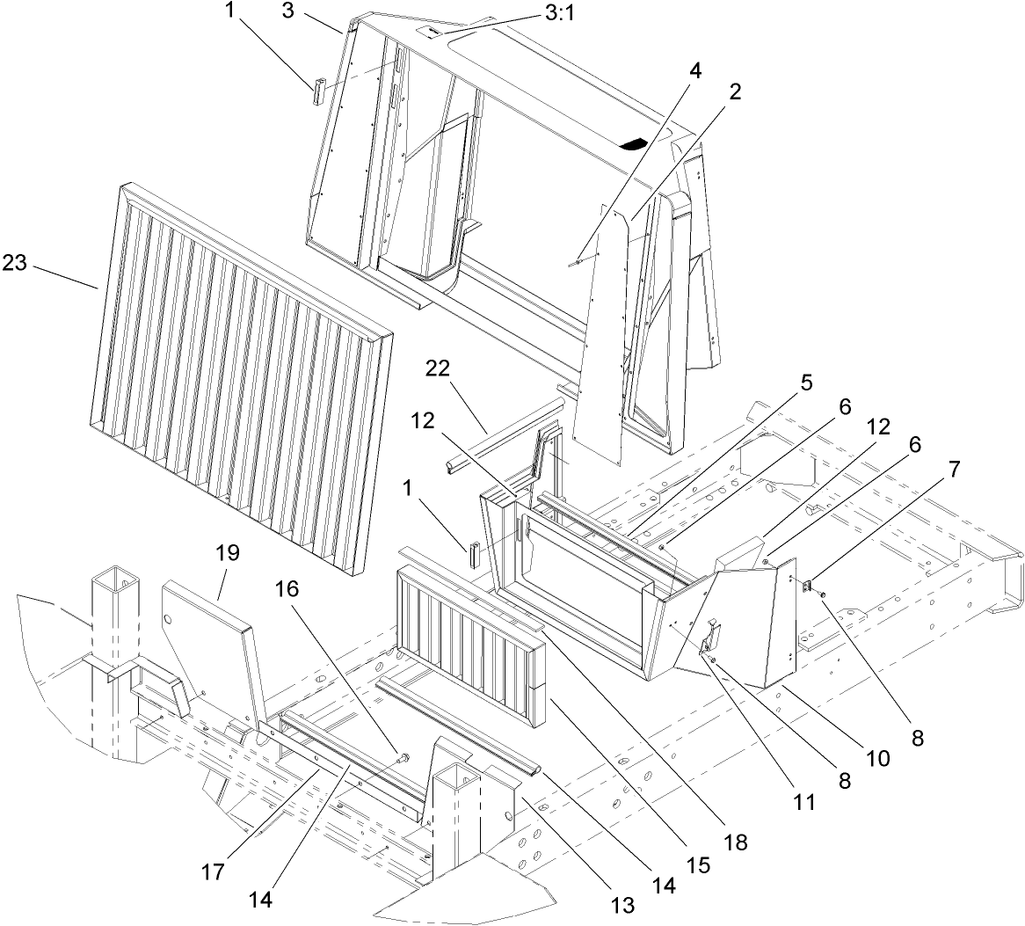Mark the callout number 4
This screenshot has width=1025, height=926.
[x=695, y=70]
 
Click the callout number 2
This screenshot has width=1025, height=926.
[x=733, y=92]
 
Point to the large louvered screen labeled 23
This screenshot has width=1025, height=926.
[x=237, y=378]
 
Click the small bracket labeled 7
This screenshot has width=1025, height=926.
[x=809, y=585]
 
